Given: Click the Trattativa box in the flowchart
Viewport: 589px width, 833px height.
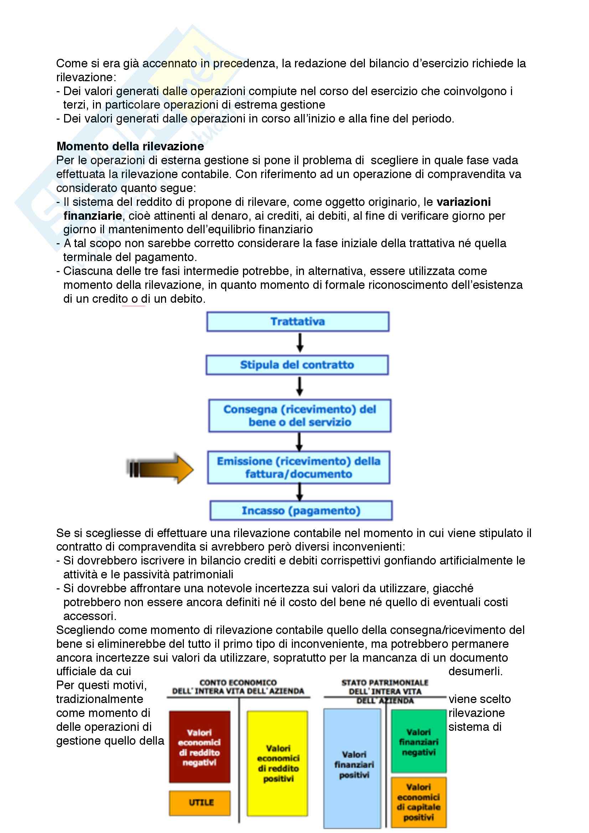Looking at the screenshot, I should point(298,322).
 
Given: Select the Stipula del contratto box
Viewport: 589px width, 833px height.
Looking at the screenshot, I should point(297,365).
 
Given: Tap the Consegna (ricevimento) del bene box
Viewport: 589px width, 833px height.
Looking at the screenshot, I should point(299,415).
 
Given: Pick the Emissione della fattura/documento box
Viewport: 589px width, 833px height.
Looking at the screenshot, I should point(298,467).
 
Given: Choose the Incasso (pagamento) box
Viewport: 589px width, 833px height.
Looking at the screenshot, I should point(301,510).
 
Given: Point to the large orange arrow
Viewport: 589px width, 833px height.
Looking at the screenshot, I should point(160,468).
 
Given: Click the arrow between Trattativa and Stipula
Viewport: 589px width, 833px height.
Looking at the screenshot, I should point(300,343).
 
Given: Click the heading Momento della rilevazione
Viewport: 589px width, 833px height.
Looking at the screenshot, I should point(130,146).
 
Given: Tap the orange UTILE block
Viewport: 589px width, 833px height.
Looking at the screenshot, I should point(200,802).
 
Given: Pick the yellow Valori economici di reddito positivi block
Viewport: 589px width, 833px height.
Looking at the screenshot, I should point(278,763).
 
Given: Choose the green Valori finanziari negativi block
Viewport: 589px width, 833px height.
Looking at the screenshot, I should point(418,741).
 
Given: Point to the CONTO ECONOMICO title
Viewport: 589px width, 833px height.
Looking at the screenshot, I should point(238,687).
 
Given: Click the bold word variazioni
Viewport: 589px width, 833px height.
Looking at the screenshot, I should point(464,202).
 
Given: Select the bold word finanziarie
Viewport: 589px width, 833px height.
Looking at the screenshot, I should point(93,215).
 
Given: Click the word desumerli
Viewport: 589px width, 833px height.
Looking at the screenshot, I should point(475,671).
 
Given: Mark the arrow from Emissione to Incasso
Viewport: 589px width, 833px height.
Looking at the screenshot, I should point(299,492).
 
